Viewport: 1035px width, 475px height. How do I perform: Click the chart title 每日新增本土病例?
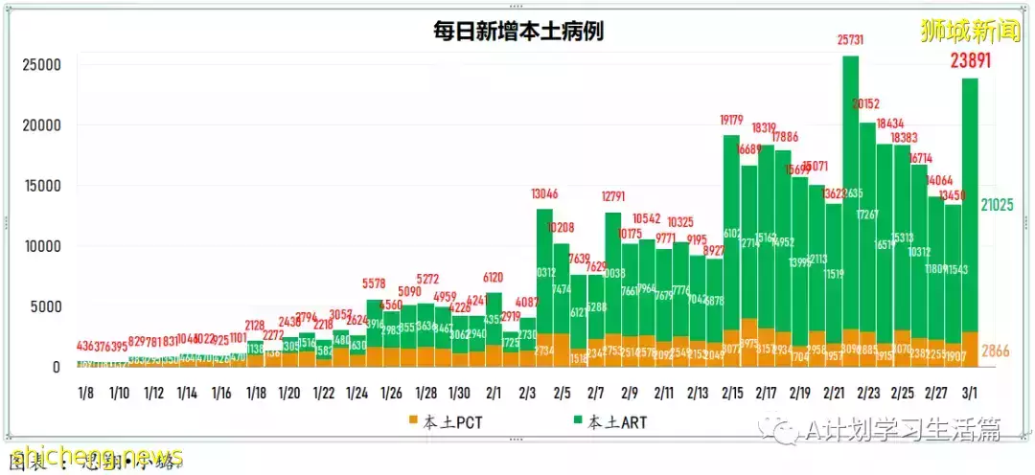click(x=518, y=32)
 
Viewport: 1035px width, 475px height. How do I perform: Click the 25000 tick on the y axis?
click(x=41, y=65)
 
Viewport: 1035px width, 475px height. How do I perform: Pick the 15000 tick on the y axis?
click(x=41, y=186)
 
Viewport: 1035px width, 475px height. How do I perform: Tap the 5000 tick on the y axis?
click(x=45, y=307)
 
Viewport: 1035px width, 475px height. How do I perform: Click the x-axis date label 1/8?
click(x=86, y=393)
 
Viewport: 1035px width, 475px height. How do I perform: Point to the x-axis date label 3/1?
click(x=970, y=393)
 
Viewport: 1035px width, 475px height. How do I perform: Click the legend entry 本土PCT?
click(x=445, y=420)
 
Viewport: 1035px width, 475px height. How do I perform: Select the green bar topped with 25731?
click(x=850, y=192)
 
